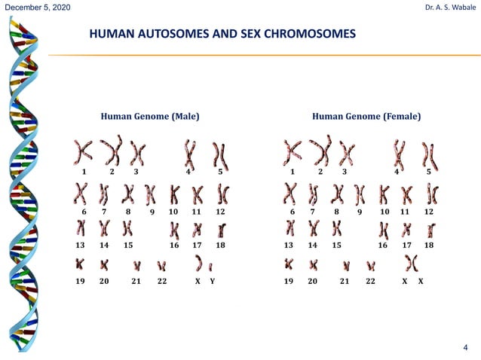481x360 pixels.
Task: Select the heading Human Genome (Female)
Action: [366, 117]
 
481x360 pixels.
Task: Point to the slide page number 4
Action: [465, 347]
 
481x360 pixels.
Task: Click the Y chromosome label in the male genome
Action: [213, 280]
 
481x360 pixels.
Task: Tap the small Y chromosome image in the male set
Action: [210, 266]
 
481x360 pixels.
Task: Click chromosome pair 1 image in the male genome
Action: [84, 153]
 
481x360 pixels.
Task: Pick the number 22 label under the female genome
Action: [370, 280]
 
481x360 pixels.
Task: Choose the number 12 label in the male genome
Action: [220, 212]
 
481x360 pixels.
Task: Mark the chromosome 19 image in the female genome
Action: [289, 264]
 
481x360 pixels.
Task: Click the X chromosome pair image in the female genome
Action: [412, 264]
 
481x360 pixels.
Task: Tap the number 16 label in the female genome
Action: [383, 246]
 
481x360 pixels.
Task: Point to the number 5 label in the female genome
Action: [429, 172]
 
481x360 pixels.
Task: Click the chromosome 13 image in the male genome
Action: [81, 227]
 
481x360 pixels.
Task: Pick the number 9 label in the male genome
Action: [152, 212]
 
